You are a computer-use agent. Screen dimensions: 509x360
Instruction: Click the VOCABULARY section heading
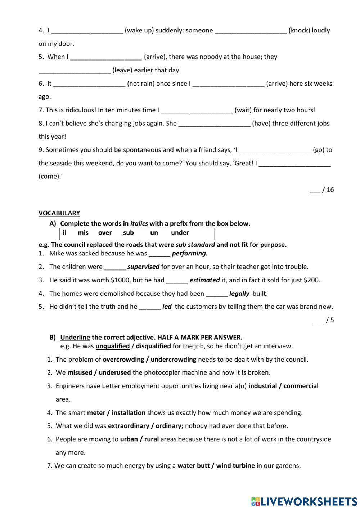click(59, 213)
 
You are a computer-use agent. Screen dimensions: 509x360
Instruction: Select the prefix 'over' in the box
click(105, 233)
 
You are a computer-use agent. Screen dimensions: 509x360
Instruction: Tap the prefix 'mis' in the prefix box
click(83, 233)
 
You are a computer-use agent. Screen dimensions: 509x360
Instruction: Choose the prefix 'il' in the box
click(65, 233)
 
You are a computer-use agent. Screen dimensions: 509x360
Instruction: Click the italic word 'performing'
click(190, 253)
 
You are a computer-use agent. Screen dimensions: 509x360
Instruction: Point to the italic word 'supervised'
click(143, 267)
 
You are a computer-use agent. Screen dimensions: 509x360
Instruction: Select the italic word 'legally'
click(239, 294)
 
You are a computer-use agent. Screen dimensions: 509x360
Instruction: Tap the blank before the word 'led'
click(150, 307)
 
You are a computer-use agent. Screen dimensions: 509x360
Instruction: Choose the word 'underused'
click(114, 372)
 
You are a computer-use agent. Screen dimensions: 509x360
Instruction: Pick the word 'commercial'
click(301, 386)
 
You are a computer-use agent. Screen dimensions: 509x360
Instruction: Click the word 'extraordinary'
click(129, 426)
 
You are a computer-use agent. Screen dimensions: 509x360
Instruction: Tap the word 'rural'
click(152, 439)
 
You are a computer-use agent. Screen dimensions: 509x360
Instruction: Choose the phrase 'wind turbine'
click(235, 465)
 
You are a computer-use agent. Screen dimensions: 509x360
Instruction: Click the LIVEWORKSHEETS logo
click(304, 501)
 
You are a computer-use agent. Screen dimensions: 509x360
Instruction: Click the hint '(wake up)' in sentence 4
click(139, 30)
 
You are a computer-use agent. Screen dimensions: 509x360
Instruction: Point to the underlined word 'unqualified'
click(112, 346)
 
